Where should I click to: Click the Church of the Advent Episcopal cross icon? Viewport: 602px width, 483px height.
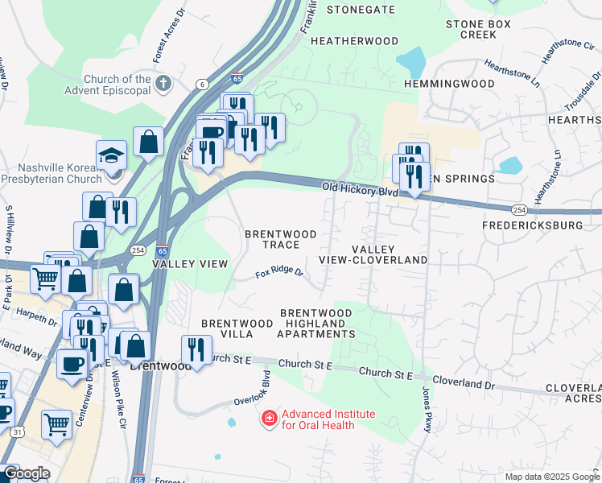[163, 84]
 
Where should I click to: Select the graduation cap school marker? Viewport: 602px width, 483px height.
[111, 155]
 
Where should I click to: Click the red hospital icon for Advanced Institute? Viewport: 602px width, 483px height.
[268, 419]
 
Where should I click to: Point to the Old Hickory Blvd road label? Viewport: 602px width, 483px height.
[360, 190]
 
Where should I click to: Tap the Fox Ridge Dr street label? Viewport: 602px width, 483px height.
[279, 274]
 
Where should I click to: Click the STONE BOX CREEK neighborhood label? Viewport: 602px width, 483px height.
[478, 30]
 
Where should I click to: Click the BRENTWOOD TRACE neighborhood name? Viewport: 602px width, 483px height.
[281, 239]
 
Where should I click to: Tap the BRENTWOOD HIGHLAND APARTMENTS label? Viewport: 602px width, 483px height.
[316, 323]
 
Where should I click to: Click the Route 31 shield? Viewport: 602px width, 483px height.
[17, 432]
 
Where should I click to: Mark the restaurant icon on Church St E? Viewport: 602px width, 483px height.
[196, 350]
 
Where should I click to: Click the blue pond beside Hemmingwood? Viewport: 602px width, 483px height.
[411, 60]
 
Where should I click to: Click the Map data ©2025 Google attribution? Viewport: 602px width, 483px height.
[552, 477]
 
